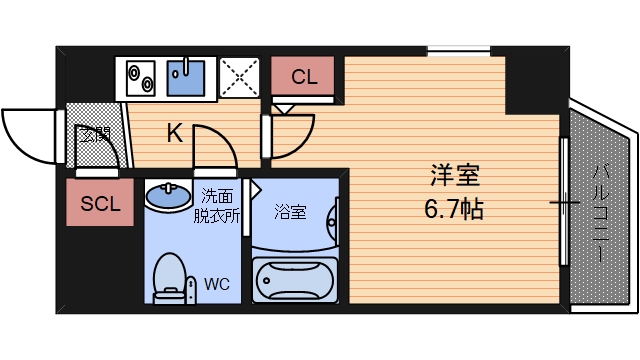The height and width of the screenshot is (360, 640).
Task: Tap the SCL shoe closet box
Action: click(x=100, y=205)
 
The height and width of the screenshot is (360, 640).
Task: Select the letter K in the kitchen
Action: click(x=174, y=134)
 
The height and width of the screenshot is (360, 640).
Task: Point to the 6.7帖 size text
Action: click(x=455, y=210)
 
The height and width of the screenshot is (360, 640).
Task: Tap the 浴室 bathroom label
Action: click(x=290, y=211)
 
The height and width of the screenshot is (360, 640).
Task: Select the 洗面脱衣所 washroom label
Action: click(x=218, y=204)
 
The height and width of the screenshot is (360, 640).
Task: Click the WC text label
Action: click(x=217, y=284)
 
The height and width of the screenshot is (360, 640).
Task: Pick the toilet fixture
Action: click(x=170, y=278)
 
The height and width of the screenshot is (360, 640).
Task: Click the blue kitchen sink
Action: click(x=185, y=76)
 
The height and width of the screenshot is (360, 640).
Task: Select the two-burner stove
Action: click(x=139, y=76)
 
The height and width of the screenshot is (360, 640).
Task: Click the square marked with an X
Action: click(x=239, y=77)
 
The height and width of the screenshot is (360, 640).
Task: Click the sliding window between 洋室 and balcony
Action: click(x=565, y=205)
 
